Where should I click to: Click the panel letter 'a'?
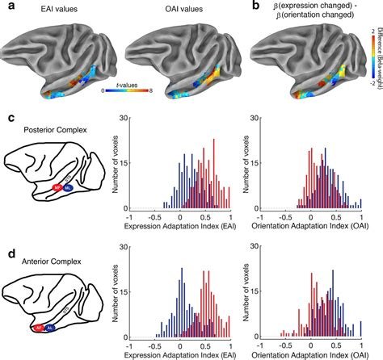(7, 7)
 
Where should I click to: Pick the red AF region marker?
(38, 328)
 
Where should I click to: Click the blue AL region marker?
(50, 329)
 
